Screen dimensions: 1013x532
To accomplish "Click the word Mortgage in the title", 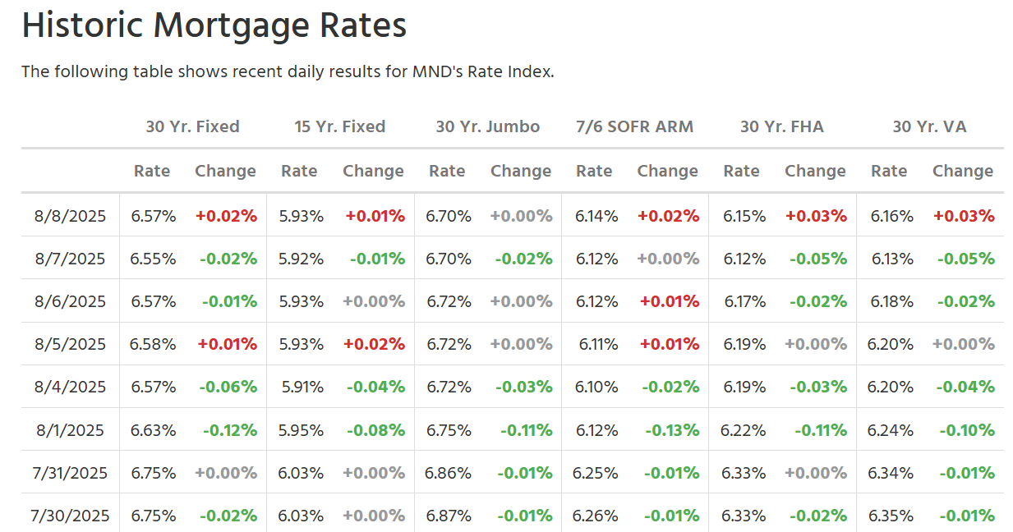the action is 231,26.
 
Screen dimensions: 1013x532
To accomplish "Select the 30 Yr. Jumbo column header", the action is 487,126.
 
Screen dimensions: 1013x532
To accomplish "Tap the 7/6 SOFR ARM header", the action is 634,126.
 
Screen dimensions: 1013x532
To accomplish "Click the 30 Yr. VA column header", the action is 929,126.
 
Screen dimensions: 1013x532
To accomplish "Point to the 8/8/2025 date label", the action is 70,216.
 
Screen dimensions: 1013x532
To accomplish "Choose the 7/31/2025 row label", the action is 70,473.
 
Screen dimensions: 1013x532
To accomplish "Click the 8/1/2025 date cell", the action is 70,430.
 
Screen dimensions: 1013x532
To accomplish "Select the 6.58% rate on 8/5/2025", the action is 153,345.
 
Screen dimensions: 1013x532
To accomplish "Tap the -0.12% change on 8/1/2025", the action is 230,430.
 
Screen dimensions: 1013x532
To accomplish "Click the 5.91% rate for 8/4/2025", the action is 302,388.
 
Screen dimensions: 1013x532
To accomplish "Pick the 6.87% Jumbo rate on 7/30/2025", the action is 448,516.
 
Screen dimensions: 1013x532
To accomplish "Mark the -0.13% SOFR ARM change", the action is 672,430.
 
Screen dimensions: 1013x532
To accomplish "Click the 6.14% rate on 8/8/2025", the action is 596,216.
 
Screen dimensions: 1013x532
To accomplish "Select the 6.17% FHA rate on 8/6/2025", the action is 744,301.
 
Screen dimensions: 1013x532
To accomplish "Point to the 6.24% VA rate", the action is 890,430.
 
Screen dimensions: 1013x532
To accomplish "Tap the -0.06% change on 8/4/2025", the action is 228,388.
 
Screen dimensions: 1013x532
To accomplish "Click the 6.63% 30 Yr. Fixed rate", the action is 153,430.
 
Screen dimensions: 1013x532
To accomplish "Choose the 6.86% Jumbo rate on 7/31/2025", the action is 448,473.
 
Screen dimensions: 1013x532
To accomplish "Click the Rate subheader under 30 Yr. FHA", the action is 741,171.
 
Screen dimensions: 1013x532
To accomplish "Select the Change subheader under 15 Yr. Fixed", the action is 373,172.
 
